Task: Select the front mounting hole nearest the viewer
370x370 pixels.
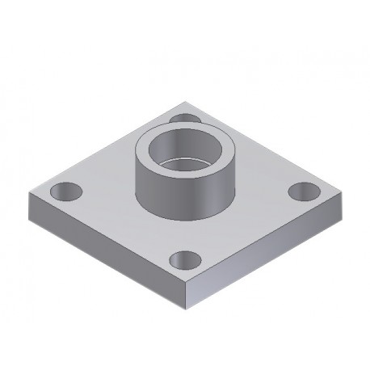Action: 186,260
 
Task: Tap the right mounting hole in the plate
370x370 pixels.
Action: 305,191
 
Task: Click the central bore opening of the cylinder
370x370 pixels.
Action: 185,154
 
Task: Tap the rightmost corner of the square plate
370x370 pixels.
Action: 343,196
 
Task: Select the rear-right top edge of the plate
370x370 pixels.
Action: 267,149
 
